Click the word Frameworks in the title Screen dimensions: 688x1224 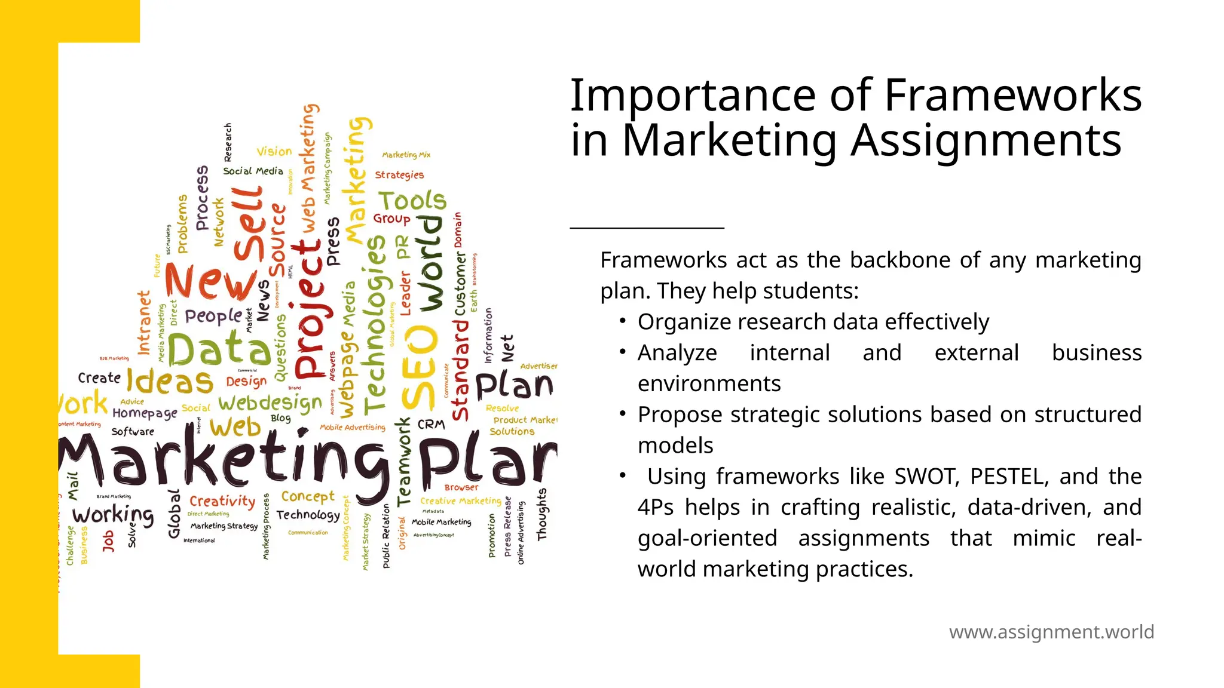point(1012,95)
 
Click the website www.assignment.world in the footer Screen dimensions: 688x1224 point(1051,632)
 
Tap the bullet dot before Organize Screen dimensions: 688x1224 point(623,321)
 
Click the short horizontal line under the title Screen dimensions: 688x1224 point(647,228)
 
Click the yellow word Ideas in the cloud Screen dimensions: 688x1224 point(170,382)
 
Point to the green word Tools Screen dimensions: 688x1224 point(412,201)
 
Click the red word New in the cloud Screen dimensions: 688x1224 point(210,281)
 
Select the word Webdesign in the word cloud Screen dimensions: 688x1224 point(270,404)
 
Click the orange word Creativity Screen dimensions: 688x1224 point(222,500)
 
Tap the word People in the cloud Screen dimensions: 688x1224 point(213,315)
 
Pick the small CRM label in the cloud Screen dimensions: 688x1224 point(431,425)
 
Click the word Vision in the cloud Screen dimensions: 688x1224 point(274,152)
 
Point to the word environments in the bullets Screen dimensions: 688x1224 point(709,383)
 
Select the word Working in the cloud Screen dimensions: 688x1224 point(113,515)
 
